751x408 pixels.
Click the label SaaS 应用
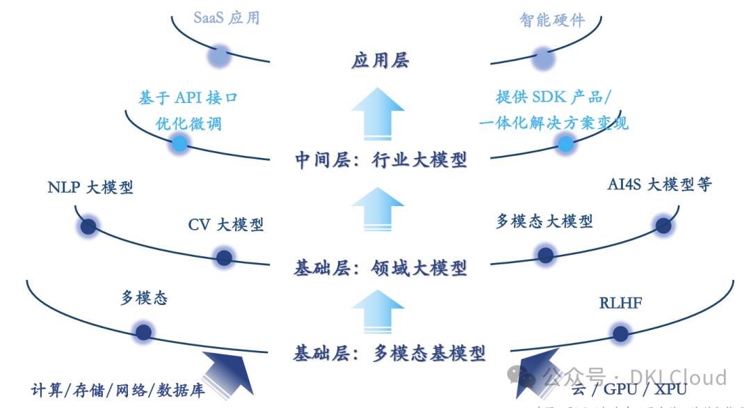tap(226, 17)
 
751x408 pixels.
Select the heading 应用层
tap(379, 61)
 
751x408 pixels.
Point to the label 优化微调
tap(188, 123)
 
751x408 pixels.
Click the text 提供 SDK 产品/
tap(554, 97)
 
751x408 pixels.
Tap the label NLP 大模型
tap(90, 187)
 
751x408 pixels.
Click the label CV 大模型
tap(226, 225)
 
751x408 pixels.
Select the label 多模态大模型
tap(544, 221)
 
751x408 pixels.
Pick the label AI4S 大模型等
tap(659, 185)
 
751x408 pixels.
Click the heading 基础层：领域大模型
tap(380, 267)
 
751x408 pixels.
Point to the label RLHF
tap(620, 303)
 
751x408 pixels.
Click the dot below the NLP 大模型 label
tap(88, 226)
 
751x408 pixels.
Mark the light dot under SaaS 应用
tap(218, 55)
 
